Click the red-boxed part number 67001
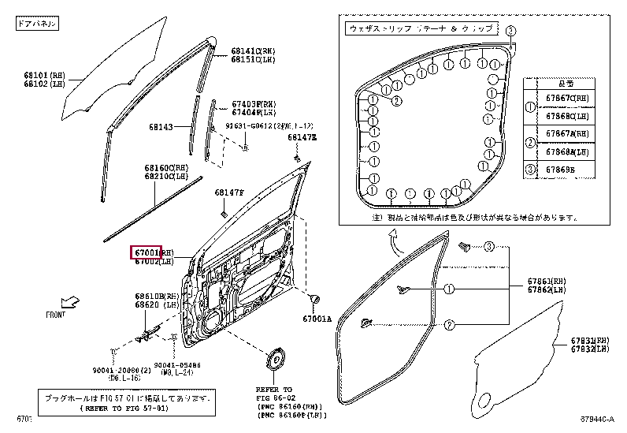[147, 252]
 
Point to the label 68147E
[301, 137]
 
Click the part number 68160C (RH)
[165, 168]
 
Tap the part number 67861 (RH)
[547, 282]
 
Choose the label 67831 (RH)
[590, 341]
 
